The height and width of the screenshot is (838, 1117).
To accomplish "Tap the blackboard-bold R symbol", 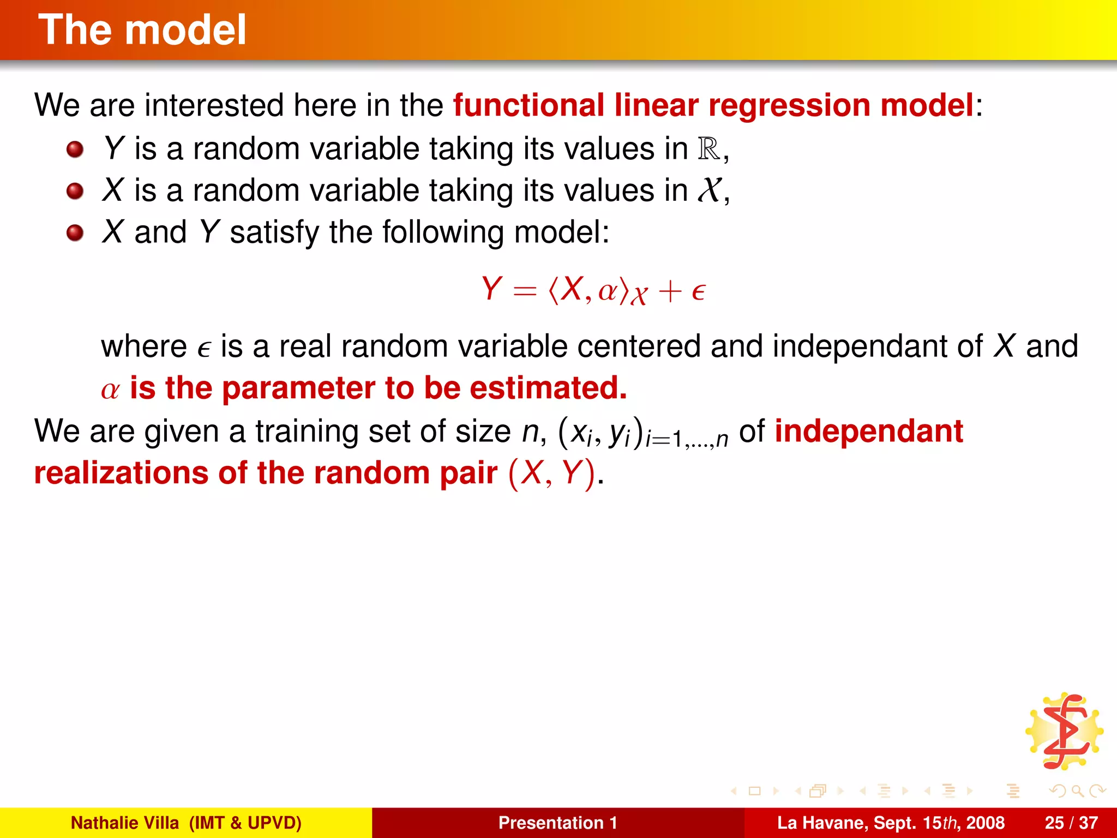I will [x=708, y=148].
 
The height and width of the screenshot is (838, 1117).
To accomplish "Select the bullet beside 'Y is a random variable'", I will [x=75, y=149].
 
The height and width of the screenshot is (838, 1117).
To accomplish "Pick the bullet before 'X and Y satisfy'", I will [x=75, y=233].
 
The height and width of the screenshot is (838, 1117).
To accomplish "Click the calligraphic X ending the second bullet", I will [x=710, y=190].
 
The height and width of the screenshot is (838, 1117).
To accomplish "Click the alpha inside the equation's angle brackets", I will [x=608, y=291].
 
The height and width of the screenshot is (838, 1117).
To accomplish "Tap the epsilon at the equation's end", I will [x=699, y=292].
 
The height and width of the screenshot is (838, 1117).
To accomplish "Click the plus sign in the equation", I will [x=670, y=291].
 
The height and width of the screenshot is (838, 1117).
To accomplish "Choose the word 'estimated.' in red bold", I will [x=548, y=388].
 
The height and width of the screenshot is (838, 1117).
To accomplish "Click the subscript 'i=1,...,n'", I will [x=687, y=439].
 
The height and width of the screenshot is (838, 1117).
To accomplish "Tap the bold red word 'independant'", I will [x=869, y=431].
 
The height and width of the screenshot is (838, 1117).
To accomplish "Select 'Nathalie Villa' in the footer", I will [x=125, y=823].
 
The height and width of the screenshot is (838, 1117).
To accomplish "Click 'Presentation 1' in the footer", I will [x=557, y=823].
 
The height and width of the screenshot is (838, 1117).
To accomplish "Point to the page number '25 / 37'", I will [x=1071, y=823].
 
